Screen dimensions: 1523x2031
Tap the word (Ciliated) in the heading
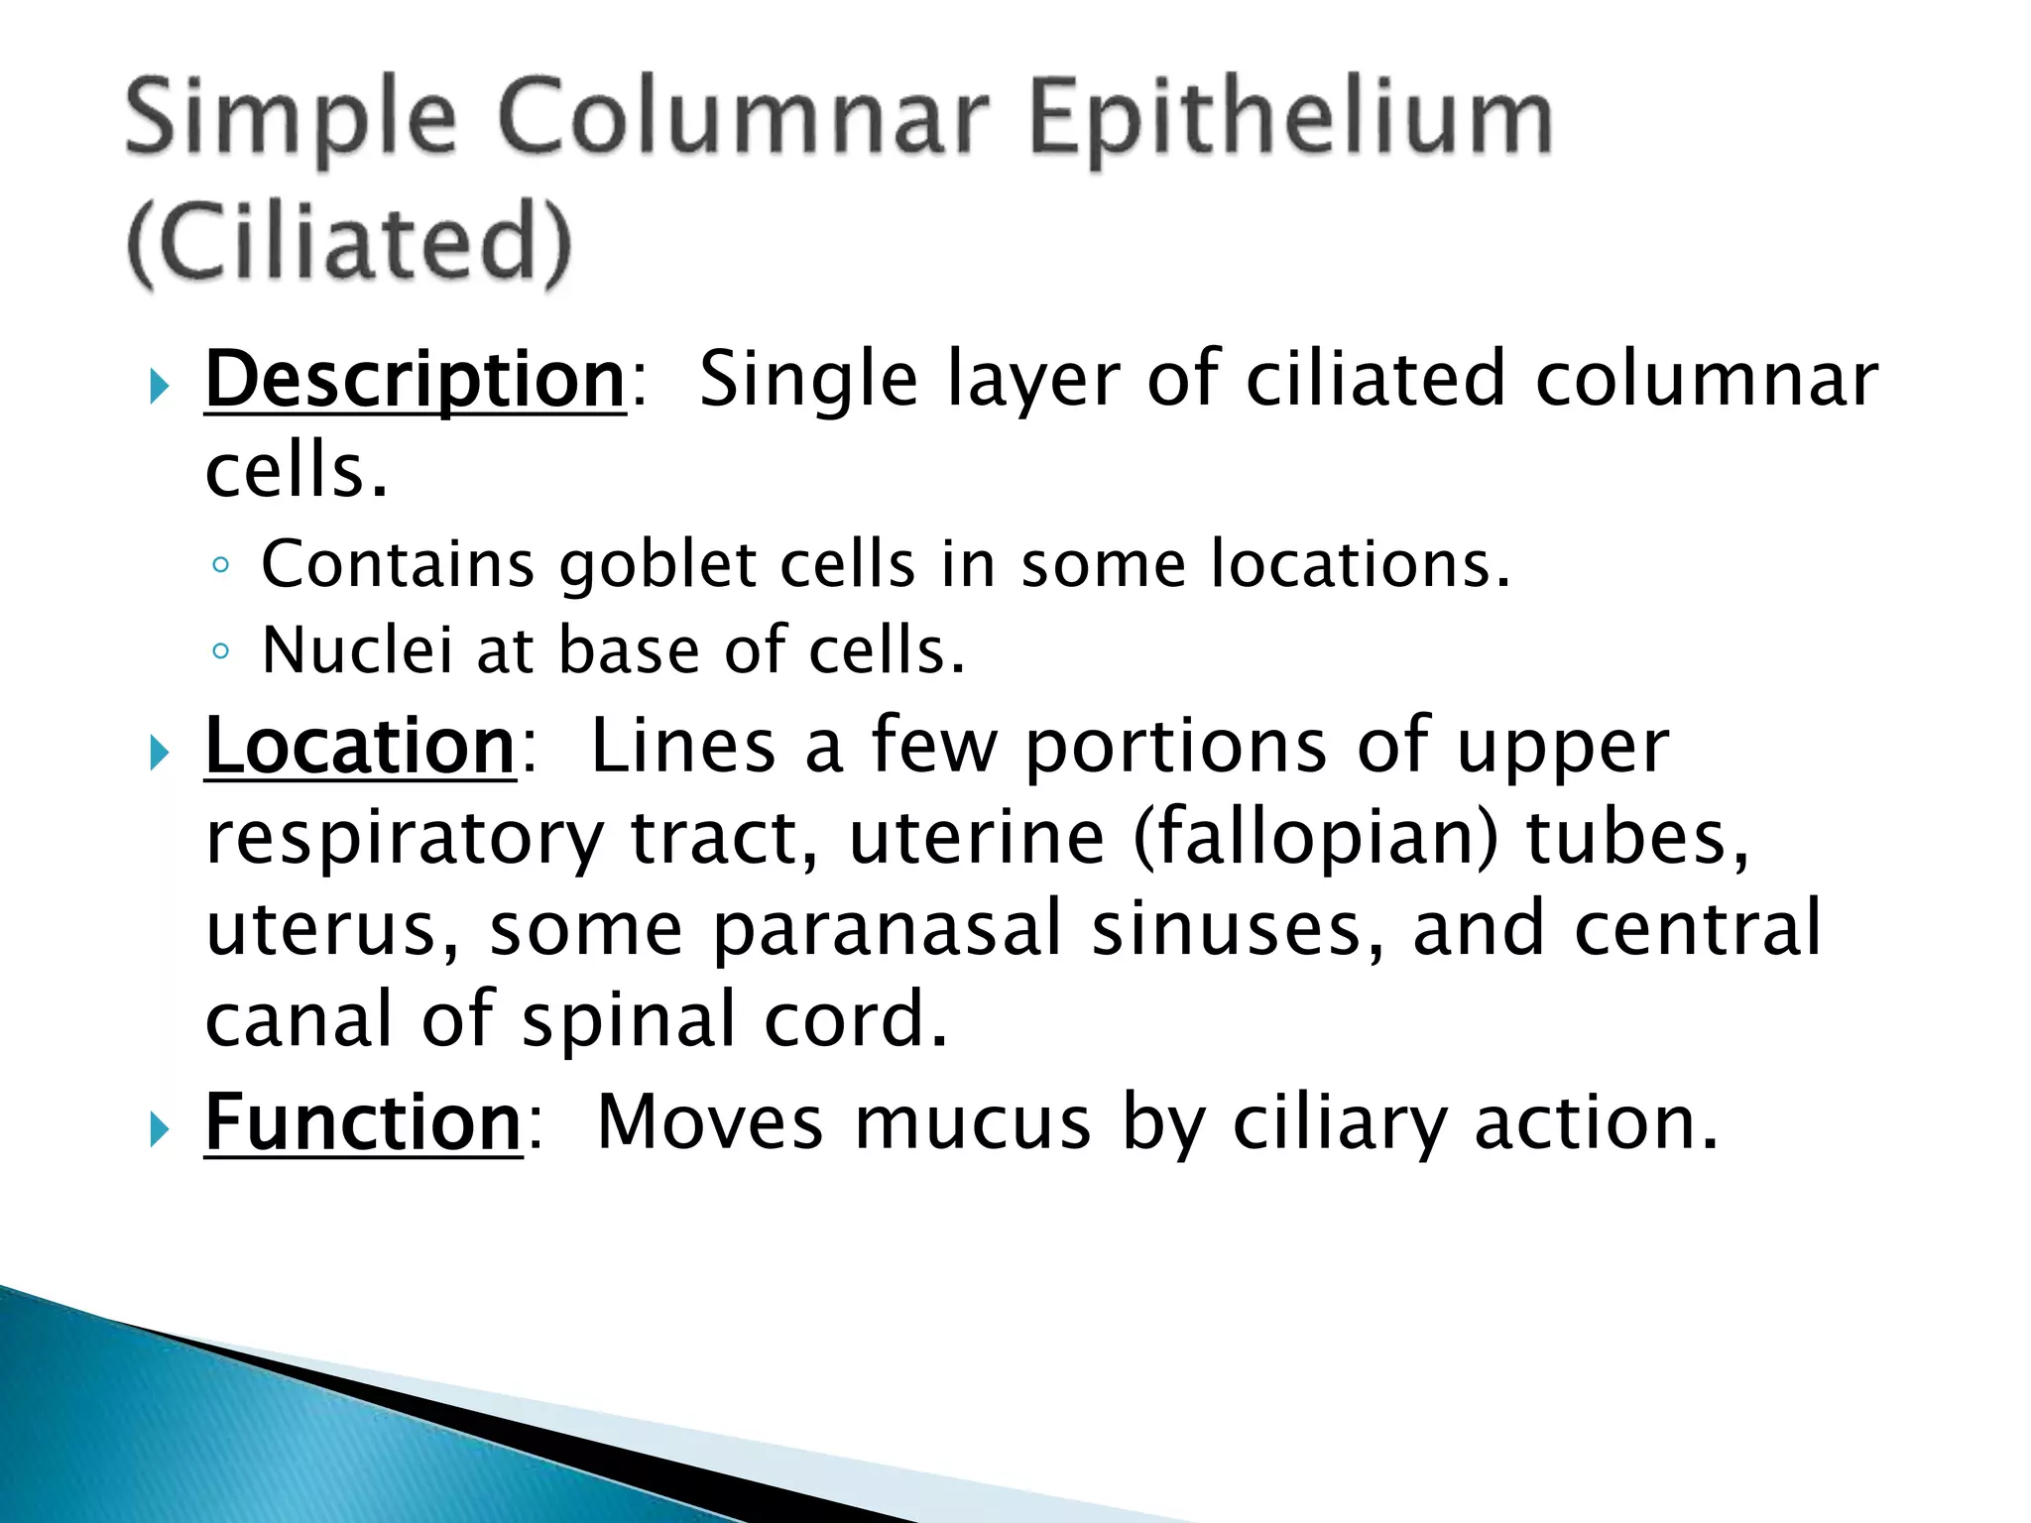tap(350, 242)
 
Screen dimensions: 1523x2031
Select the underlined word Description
tap(415, 380)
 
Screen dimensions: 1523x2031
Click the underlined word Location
tap(360, 746)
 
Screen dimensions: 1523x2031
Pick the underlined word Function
tap(363, 1122)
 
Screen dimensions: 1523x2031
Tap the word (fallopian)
tap(1316, 838)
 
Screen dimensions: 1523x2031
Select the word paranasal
tap(888, 929)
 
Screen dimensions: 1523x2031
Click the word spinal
tap(628, 1019)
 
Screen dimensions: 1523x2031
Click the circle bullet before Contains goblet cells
tap(221, 566)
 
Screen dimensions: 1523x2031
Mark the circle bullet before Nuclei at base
tap(221, 651)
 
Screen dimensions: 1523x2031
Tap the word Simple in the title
tap(291, 121)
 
